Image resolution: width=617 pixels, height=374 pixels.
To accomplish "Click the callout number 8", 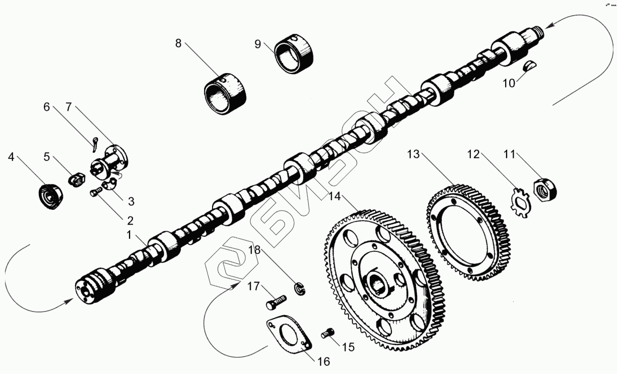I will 178,43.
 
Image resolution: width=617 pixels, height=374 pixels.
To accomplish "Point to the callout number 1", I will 129,235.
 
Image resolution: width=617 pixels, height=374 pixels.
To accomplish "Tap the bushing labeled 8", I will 226,94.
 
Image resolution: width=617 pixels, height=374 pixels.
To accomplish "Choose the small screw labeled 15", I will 328,333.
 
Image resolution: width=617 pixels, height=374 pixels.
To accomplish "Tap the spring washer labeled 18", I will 301,289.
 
